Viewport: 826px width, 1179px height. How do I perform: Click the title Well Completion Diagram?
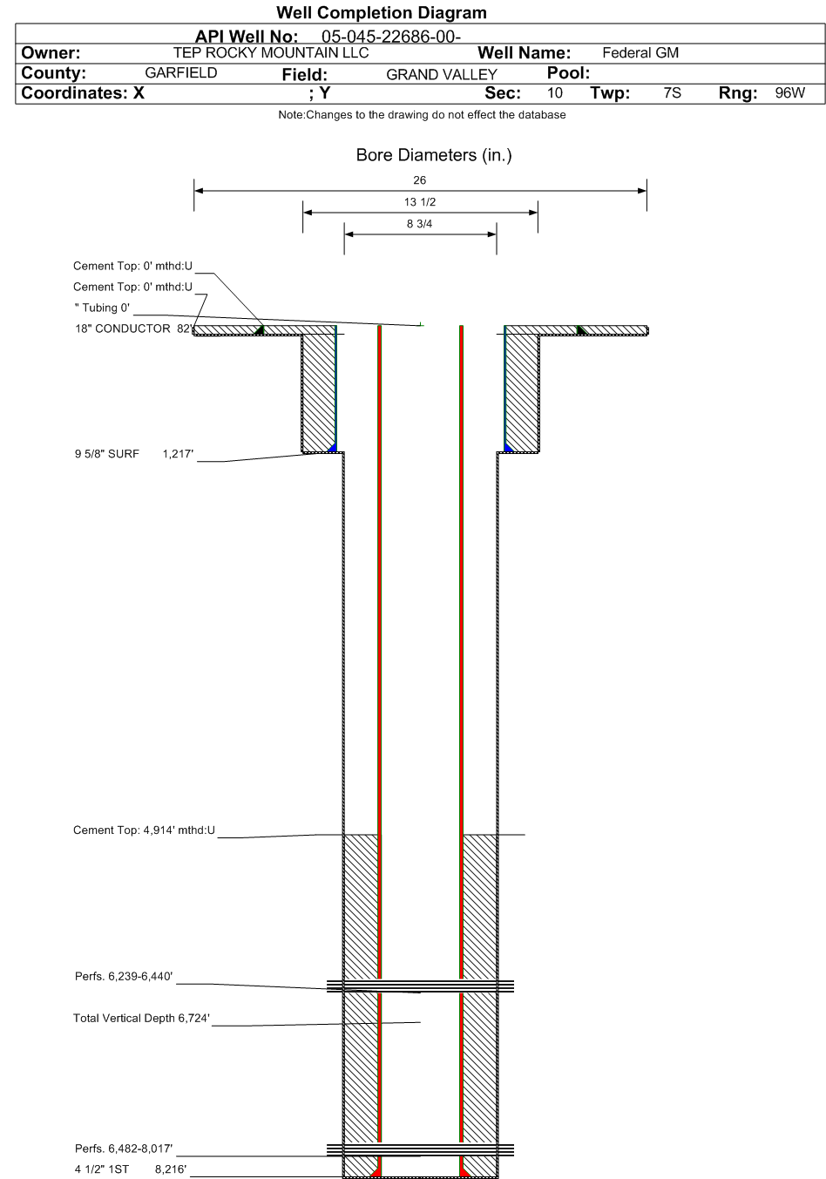(381, 12)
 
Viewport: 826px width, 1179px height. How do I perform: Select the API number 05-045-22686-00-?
(390, 37)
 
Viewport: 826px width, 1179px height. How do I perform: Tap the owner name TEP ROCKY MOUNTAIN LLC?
(271, 52)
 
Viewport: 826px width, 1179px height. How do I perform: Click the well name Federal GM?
(640, 52)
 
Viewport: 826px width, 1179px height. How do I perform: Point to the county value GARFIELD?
(181, 72)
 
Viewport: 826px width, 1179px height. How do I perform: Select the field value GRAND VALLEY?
(442, 75)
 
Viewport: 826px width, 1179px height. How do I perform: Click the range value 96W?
(789, 93)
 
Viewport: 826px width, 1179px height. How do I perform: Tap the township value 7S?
(673, 93)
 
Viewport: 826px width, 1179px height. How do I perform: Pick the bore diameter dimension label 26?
(420, 180)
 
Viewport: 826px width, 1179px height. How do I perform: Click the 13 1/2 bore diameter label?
(420, 202)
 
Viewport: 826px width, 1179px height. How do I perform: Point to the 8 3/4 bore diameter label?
(420, 224)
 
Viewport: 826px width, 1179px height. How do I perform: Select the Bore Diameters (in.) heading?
(434, 155)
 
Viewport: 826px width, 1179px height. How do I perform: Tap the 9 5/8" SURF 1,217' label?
(134, 454)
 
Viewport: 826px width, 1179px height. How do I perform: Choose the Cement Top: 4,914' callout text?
(145, 830)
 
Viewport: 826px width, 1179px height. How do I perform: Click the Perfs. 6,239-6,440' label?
(124, 976)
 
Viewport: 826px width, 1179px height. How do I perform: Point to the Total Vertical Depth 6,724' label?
(142, 1018)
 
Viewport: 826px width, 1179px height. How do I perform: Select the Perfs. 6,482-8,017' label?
(124, 1149)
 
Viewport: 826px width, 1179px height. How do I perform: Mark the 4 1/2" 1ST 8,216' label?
(131, 1169)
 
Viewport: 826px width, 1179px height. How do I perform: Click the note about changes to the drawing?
(423, 115)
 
